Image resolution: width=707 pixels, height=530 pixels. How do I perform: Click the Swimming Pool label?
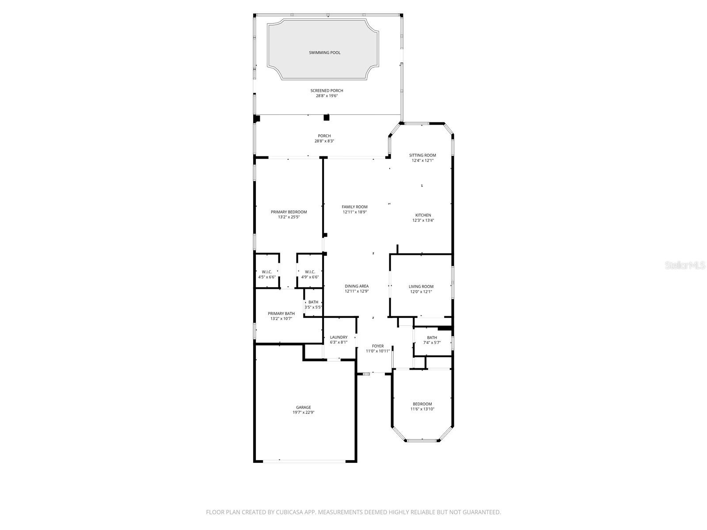coord(324,53)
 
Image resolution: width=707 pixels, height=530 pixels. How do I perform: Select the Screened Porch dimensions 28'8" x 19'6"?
coord(327,96)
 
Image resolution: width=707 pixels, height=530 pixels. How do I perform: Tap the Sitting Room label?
coord(422,155)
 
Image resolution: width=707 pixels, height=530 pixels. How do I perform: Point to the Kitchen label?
coord(423,215)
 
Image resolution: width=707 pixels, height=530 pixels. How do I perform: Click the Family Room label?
coord(354,207)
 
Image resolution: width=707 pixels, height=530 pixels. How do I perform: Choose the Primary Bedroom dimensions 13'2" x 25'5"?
coord(289,217)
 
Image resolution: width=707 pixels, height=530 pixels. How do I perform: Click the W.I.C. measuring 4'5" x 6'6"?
coord(267,274)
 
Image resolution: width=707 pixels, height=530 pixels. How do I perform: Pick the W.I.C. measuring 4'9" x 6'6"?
coord(310,274)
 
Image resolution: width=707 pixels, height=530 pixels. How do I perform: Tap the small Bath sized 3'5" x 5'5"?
coord(313,304)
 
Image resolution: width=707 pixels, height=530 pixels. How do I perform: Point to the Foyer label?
coord(378,346)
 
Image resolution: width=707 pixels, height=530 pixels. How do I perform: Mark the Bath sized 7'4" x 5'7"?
coord(432,340)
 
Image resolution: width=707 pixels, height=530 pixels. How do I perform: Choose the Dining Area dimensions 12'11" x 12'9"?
coord(357,291)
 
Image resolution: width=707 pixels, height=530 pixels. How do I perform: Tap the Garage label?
coord(303,407)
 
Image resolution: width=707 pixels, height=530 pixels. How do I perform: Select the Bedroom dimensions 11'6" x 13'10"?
coord(422,409)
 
